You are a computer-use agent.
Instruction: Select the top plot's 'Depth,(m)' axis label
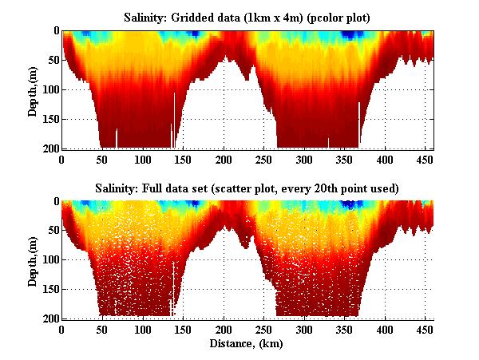[33, 89]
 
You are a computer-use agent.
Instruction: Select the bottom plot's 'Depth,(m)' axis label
[33, 260]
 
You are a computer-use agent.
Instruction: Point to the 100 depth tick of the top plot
[49, 89]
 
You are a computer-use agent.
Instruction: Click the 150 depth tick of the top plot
[49, 119]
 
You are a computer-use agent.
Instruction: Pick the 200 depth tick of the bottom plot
[49, 318]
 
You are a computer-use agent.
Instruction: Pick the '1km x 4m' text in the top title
[259, 17]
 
